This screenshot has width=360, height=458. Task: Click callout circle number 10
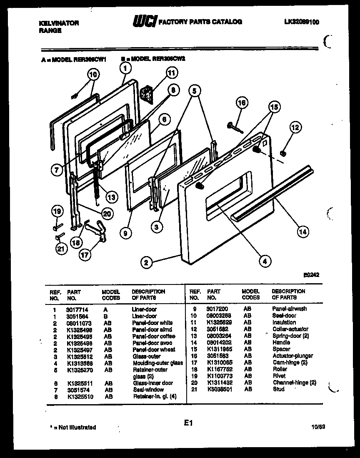tap(93, 75)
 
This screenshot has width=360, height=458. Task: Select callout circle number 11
tap(170, 73)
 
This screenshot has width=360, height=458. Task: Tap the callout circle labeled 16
tap(242, 103)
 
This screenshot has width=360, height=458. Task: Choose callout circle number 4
tap(265, 262)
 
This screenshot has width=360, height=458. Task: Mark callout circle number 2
tap(146, 262)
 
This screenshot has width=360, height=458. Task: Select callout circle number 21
tap(61, 249)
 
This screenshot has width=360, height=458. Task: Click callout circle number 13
tap(111, 196)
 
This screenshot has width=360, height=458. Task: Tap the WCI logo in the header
tap(145, 21)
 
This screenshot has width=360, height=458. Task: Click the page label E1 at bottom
tap(188, 423)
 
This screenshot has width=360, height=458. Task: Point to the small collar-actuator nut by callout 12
tap(283, 154)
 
